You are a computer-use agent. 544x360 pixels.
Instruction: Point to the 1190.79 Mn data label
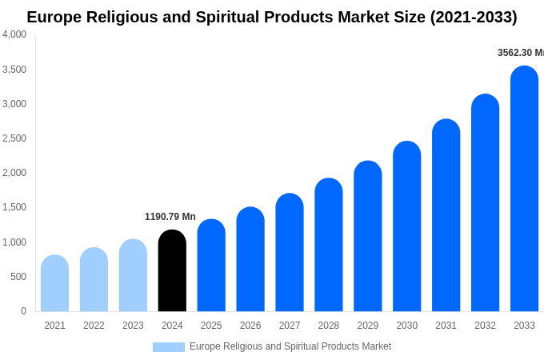170,217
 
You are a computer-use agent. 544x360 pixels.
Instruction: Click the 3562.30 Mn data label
520,53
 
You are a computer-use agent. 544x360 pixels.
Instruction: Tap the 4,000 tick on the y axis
14,34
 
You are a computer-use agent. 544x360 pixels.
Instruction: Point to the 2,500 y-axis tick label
14,138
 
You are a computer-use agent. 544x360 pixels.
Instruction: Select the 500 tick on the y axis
18,277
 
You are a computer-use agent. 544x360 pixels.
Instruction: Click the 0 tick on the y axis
23,311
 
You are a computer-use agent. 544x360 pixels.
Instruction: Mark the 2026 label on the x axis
250,326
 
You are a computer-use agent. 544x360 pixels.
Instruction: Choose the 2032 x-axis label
485,326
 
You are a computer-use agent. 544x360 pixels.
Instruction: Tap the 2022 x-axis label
94,326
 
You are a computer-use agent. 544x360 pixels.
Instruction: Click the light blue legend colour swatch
168,347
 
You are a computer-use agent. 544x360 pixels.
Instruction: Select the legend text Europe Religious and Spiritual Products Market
290,346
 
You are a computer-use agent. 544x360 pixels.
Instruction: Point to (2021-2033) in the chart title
474,17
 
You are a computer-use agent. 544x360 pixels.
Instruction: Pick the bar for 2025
211,266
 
